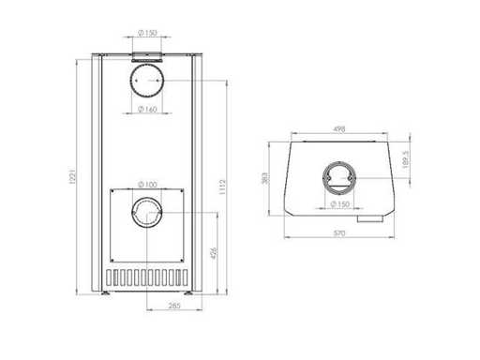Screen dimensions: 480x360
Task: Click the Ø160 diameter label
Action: coord(147,110)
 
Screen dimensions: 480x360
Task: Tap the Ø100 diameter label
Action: coord(147,185)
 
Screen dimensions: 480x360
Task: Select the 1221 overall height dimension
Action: coord(72,177)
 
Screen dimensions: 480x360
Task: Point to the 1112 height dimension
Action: coord(222,187)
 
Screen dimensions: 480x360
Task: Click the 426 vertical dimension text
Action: coord(214,253)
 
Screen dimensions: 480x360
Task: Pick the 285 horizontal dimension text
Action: coord(174,306)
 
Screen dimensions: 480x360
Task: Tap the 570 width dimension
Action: coord(339,233)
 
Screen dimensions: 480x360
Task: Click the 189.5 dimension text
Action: coord(405,159)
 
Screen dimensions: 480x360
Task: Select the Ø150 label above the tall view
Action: coord(147,33)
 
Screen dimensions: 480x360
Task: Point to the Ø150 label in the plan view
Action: coord(339,204)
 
